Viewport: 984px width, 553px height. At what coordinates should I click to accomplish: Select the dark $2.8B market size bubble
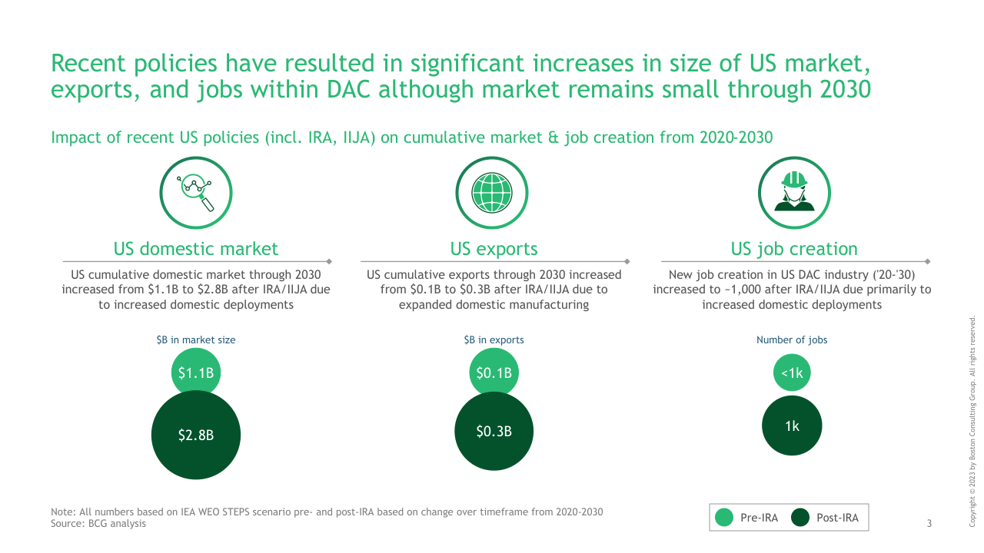196,435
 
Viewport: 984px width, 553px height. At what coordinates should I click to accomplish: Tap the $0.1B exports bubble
494,373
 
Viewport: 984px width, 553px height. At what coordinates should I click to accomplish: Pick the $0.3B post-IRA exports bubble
494,432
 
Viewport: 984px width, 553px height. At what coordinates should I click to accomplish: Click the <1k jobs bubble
792,373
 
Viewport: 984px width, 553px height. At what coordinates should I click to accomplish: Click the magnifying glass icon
196,192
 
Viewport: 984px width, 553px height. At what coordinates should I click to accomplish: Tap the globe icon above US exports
492,192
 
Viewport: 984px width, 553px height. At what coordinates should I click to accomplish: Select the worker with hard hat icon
794,192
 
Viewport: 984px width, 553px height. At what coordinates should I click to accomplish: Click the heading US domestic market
196,249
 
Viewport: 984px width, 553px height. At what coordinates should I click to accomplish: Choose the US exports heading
494,249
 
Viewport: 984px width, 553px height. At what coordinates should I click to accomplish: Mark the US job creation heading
794,249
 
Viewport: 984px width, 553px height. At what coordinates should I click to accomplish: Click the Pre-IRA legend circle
724,518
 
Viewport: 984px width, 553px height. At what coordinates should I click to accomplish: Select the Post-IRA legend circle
801,518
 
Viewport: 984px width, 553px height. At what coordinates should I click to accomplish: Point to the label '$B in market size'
196,339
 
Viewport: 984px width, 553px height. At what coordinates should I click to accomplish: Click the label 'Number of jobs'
792,339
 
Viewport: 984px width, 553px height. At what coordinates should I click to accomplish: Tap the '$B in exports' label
494,339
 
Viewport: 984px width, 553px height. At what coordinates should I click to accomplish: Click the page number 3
929,524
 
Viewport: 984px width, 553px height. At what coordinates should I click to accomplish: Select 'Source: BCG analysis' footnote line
98,524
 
